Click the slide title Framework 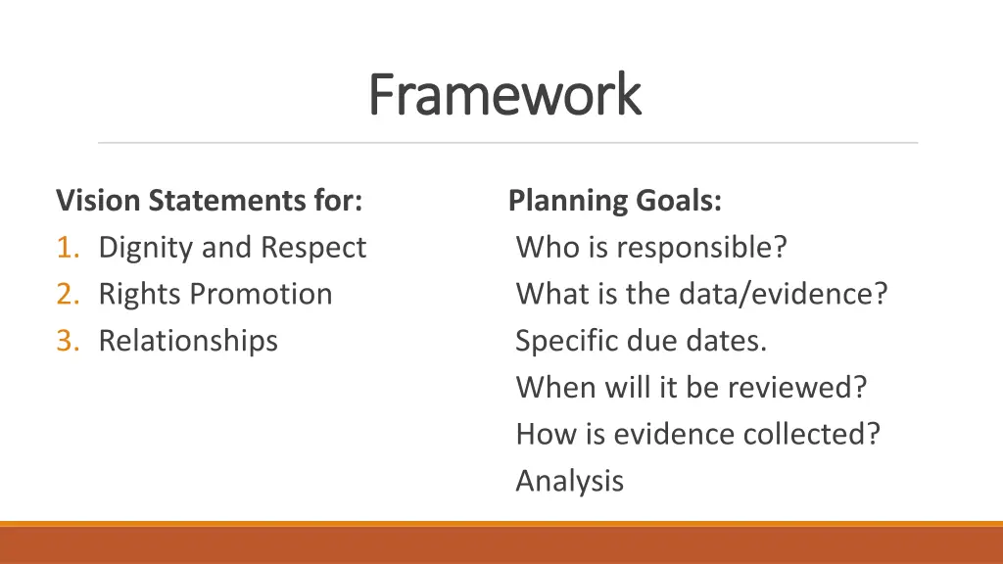[x=504, y=95]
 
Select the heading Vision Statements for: [x=210, y=201]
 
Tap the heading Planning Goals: [x=615, y=201]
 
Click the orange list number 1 [x=67, y=248]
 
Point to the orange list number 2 [x=67, y=294]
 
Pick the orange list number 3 [x=67, y=341]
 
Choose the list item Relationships [x=188, y=341]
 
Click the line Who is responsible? [x=651, y=248]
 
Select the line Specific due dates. [x=642, y=341]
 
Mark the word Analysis [x=570, y=481]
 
